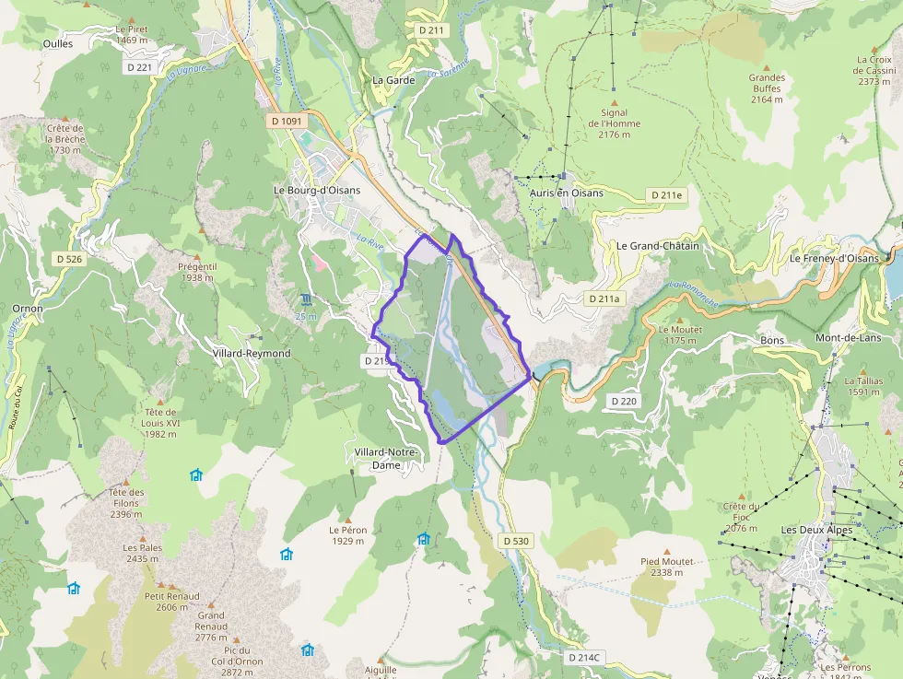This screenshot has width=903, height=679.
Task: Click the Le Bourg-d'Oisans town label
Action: tap(317, 191)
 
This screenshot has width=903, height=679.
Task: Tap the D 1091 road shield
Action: tap(287, 121)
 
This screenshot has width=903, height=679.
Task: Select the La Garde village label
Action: tap(393, 80)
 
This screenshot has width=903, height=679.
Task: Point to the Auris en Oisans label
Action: tap(567, 193)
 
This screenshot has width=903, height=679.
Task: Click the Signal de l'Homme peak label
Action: tap(614, 123)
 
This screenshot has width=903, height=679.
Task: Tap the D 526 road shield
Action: tap(67, 259)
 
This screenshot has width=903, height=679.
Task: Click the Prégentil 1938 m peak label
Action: tap(198, 272)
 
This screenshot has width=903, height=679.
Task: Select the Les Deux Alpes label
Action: tap(816, 531)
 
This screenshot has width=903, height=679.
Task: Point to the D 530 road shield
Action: tap(516, 541)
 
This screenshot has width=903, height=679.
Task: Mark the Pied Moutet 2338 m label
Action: tap(667, 567)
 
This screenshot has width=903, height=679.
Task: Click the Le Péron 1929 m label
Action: tap(348, 535)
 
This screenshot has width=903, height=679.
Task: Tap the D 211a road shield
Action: tap(605, 299)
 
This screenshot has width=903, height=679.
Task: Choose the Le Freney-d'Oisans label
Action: tap(834, 259)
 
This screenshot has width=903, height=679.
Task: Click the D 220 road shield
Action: tap(624, 401)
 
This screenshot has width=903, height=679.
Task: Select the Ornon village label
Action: tap(28, 309)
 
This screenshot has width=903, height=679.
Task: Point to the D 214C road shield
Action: tap(584, 657)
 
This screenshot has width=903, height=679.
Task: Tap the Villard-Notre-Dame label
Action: tap(386, 459)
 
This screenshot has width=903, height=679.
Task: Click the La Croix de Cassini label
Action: tap(874, 70)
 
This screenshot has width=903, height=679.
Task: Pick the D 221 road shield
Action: tap(139, 67)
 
